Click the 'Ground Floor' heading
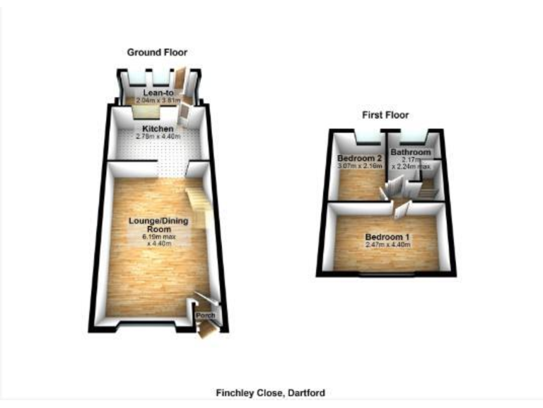point(157,52)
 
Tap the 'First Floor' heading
point(386,115)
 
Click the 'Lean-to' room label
point(158,93)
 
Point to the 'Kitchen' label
point(158,128)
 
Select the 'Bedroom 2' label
point(359,157)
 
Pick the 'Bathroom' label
point(411,152)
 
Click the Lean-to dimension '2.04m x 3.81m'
point(158,101)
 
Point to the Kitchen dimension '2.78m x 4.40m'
point(158,136)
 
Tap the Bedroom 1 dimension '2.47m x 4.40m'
point(387,245)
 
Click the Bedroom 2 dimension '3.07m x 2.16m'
point(359,166)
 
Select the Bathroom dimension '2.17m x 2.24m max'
point(411,164)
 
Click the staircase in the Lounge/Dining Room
point(197,202)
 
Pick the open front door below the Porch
point(206,330)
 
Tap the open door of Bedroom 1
point(401,208)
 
